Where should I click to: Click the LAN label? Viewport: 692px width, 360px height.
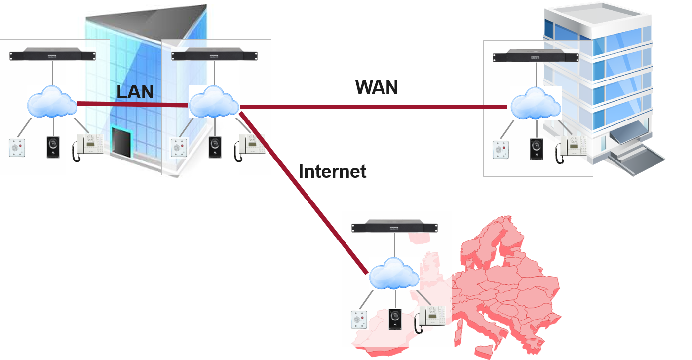click(135, 91)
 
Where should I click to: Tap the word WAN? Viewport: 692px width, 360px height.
click(377, 87)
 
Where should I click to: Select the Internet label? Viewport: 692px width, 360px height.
click(332, 171)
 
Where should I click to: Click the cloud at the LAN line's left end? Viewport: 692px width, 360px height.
click(52, 102)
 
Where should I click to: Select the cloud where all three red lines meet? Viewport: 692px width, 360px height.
click(214, 102)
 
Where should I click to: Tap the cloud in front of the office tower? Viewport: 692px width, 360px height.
click(535, 103)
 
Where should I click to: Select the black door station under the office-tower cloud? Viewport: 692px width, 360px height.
click(536, 149)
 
